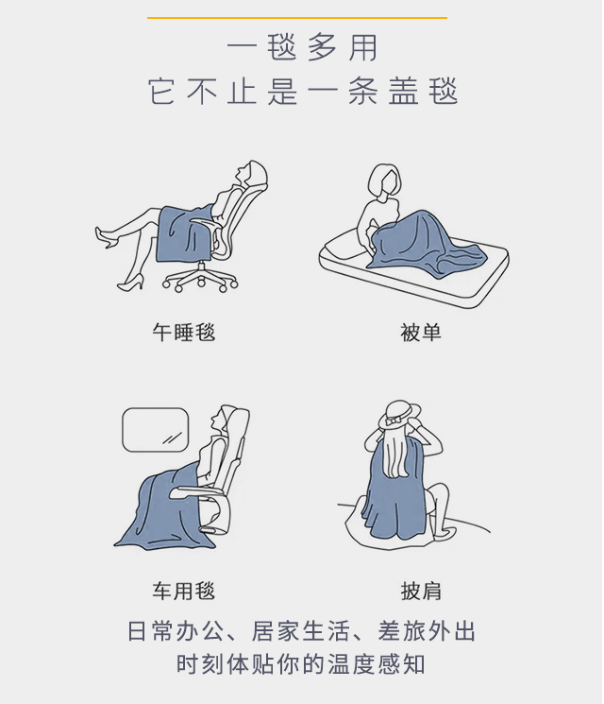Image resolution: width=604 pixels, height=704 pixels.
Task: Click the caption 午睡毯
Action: pos(184,333)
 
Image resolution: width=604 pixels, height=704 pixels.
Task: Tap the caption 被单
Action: pos(421,333)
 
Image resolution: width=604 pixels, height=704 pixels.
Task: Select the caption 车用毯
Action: pos(184,591)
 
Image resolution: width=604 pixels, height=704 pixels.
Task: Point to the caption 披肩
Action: pos(421,591)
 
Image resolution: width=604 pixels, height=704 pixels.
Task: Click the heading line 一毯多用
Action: pos(302,47)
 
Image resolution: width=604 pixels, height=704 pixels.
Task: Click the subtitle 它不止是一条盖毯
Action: pos(303,91)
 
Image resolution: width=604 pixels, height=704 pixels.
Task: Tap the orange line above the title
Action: pos(297,18)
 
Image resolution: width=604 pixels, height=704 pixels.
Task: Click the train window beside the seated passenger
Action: pos(155,430)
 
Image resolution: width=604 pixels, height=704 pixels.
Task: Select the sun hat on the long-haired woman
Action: pos(399,415)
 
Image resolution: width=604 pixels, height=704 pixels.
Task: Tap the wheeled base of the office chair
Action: pos(200,279)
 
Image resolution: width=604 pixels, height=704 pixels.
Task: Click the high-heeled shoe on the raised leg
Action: pos(105,237)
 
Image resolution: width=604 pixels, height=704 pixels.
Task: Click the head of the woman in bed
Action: pos(384,180)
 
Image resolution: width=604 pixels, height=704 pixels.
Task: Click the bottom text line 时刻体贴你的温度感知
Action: pos(300,664)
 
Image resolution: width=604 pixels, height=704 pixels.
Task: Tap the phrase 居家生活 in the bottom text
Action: pos(300,631)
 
